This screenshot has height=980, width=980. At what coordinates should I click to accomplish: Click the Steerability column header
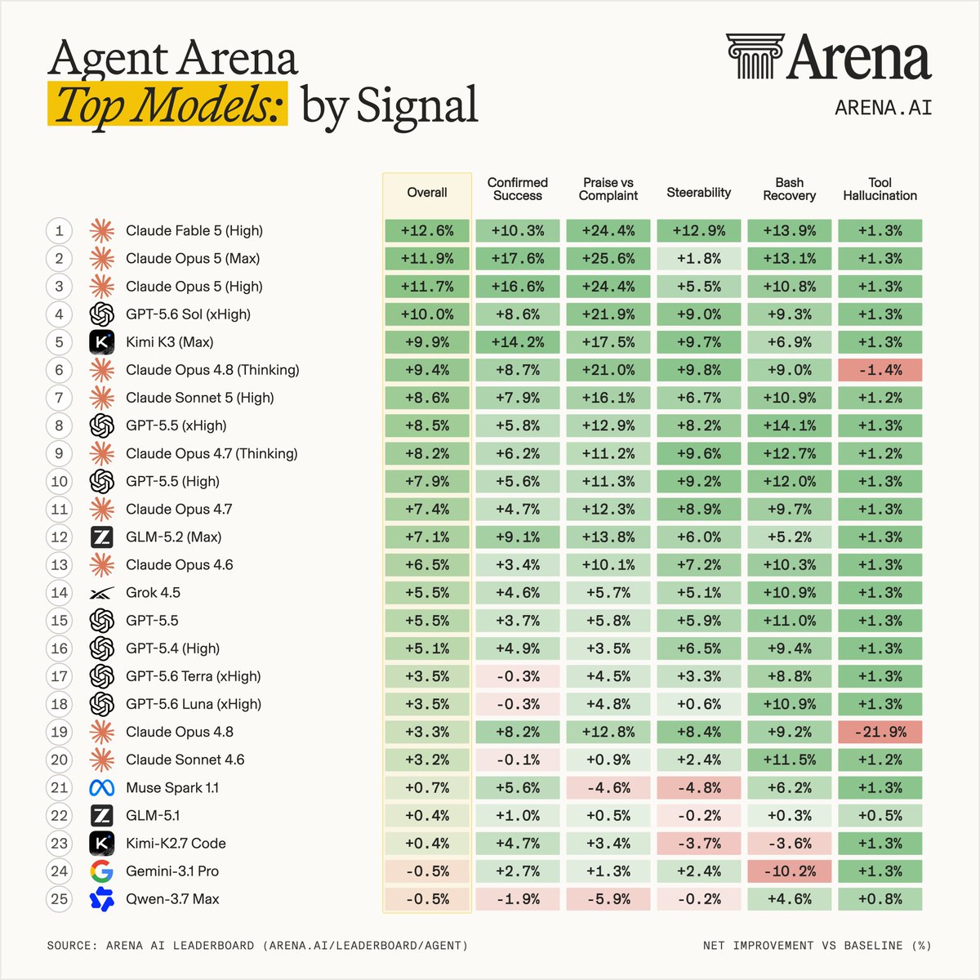click(x=699, y=192)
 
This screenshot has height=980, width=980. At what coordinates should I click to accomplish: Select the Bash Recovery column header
click(x=789, y=189)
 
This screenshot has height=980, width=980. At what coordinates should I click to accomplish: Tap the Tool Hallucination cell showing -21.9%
click(x=880, y=732)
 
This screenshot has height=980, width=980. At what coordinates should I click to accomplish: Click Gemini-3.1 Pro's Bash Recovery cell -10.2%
click(x=789, y=871)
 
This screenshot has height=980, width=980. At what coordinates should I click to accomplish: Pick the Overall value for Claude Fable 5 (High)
click(x=427, y=231)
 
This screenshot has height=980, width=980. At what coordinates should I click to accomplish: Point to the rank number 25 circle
click(x=60, y=898)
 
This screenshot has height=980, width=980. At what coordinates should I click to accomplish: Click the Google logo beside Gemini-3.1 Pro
click(x=102, y=871)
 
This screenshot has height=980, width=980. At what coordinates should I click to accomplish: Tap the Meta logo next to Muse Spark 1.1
click(x=102, y=788)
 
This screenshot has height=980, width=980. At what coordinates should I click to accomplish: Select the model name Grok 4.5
click(x=153, y=592)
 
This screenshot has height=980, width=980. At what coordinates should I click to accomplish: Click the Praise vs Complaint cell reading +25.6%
click(x=608, y=258)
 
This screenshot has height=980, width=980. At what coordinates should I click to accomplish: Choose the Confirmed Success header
click(x=518, y=189)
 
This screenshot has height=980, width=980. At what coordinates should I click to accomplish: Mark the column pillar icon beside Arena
click(x=755, y=56)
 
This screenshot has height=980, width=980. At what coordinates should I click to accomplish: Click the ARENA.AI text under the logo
click(x=884, y=108)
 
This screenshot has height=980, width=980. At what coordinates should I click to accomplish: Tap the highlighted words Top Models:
click(x=168, y=105)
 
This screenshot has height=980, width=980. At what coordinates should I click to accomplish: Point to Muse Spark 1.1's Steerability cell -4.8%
click(x=699, y=788)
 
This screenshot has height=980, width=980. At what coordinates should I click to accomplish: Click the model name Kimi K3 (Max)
click(x=169, y=342)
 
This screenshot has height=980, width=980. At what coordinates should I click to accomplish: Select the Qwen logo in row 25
click(x=102, y=899)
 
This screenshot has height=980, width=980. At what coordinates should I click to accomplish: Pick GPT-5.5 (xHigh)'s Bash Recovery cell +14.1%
click(x=789, y=425)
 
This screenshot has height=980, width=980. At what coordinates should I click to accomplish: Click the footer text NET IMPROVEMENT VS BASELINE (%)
click(x=817, y=946)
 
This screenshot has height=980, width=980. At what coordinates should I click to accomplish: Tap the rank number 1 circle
click(x=60, y=231)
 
